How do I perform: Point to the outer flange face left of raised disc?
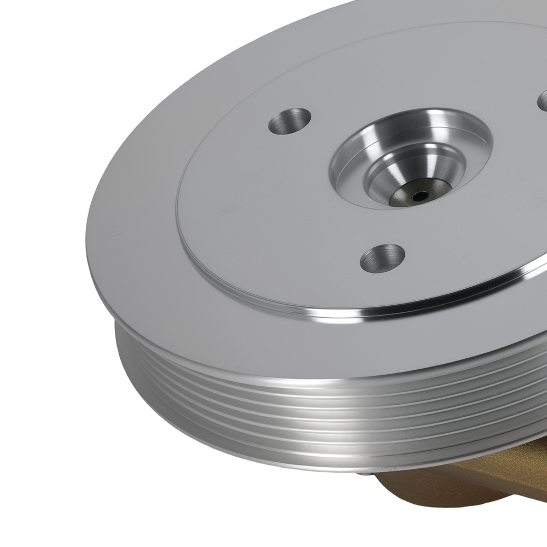point(137,219)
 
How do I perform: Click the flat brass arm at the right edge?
point(525,492)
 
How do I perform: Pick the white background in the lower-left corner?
point(55,492)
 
